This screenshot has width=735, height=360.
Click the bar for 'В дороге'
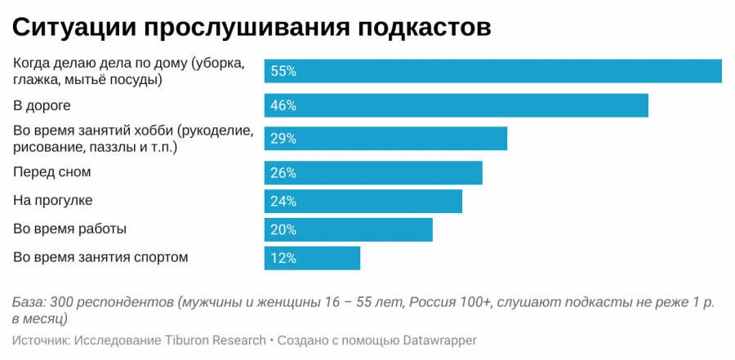pos(456,105)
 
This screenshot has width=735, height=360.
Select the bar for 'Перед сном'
pos(373,173)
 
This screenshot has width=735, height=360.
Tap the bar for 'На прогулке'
pos(363,201)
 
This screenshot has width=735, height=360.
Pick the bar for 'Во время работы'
pos(348,229)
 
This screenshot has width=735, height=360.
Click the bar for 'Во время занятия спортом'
pos(312,258)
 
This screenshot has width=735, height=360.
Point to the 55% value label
pos(283,71)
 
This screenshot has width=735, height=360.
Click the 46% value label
pos(283,105)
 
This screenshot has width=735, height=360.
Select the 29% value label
pos(283,139)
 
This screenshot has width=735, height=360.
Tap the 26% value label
pos(283,173)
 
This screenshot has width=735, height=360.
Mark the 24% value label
pos(283,201)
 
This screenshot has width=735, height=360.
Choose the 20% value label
pos(283,229)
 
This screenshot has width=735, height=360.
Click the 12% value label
pos(283,258)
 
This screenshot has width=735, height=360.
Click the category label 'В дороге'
pos(42,105)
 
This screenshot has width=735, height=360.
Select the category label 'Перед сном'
pos(51,172)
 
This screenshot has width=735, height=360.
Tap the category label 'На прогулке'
pos(53,200)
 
